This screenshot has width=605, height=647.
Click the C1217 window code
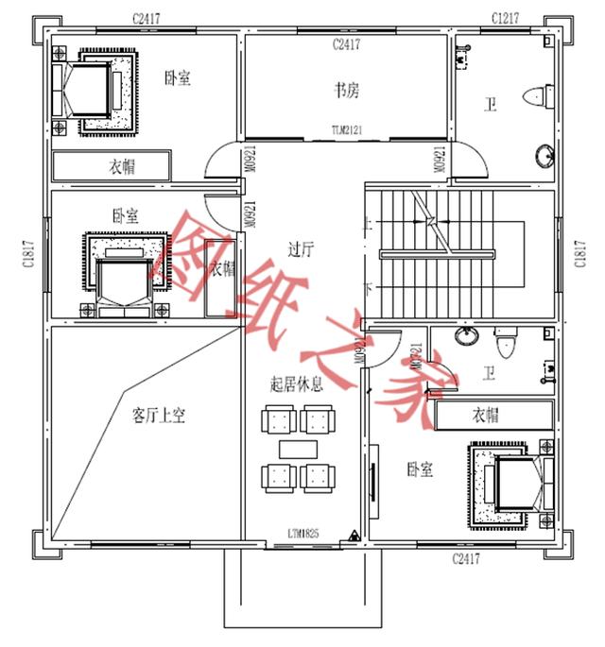[x=507, y=18]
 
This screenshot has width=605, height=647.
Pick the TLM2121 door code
[x=348, y=129]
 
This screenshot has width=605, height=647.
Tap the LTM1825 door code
[x=303, y=534]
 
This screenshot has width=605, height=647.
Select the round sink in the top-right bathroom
[x=546, y=154]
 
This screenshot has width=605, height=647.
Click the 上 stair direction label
[x=368, y=224]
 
